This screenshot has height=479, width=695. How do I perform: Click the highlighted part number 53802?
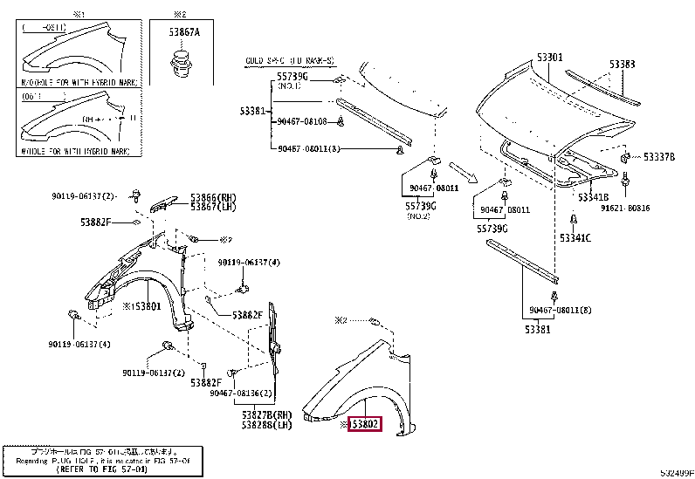click(x=365, y=425)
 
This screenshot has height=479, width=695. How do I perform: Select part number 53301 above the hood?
click(x=549, y=58)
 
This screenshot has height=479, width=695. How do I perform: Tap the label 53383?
click(x=622, y=64)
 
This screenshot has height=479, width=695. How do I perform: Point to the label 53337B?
click(x=659, y=157)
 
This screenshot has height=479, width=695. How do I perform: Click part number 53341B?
click(x=592, y=198)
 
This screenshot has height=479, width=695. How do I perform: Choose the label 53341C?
click(x=575, y=237)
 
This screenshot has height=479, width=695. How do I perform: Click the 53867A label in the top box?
click(x=184, y=32)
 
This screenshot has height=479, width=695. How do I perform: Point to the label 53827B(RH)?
click(x=267, y=414)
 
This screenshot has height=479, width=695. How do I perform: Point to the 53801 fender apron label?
click(x=141, y=306)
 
